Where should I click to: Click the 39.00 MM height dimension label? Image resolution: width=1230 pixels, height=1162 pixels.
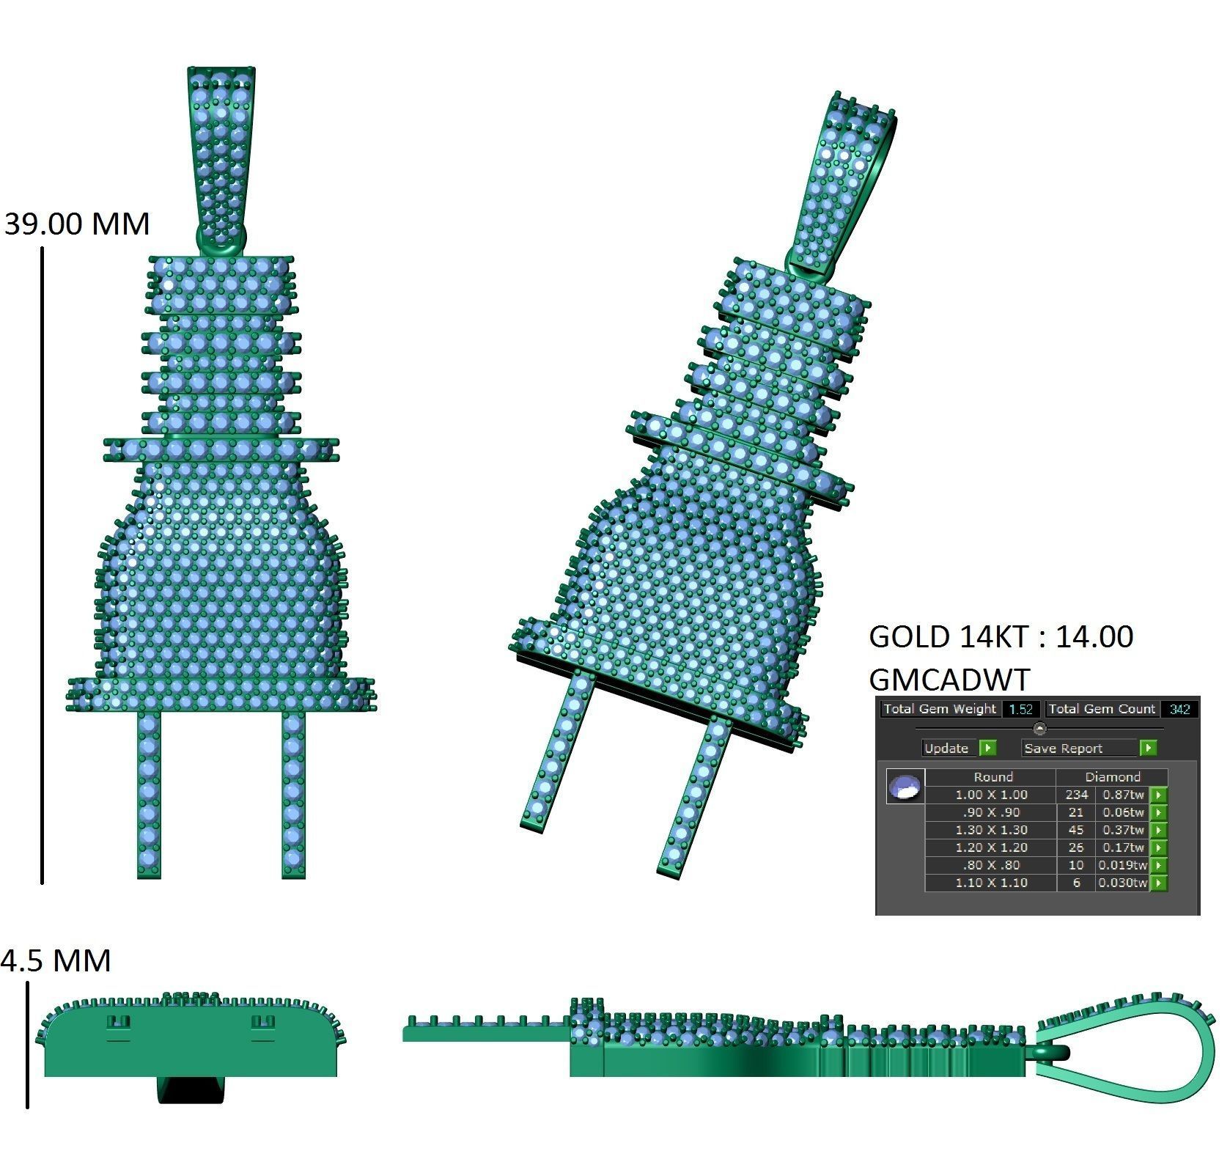pyautogui.click(x=77, y=224)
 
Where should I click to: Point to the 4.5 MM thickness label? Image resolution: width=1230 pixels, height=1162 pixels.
pyautogui.click(x=56, y=960)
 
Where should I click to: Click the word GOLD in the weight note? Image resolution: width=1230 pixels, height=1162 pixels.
pyautogui.click(x=909, y=637)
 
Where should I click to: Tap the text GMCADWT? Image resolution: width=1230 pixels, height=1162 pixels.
pyautogui.click(x=949, y=680)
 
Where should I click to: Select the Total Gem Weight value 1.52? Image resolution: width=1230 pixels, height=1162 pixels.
pyautogui.click(x=1020, y=709)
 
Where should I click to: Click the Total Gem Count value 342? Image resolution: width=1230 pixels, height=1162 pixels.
pyautogui.click(x=1179, y=709)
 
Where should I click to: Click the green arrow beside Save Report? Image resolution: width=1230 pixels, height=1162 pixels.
pyautogui.click(x=1148, y=748)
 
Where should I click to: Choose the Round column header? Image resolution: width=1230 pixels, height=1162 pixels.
pyautogui.click(x=993, y=777)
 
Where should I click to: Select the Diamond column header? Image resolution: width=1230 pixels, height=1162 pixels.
pyautogui.click(x=1112, y=777)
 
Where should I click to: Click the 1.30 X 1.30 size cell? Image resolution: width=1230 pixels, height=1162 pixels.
pyautogui.click(x=991, y=830)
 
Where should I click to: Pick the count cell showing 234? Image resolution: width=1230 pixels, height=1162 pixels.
pyautogui.click(x=1076, y=795)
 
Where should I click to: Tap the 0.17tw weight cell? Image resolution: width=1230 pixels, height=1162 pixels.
pyautogui.click(x=1123, y=847)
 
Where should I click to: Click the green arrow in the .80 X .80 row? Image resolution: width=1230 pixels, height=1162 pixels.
pyautogui.click(x=1158, y=865)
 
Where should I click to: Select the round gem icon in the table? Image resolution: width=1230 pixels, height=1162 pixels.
pyautogui.click(x=905, y=787)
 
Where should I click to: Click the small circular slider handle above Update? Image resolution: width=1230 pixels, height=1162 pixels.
pyautogui.click(x=1039, y=729)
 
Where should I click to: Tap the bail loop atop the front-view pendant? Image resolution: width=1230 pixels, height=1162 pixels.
pyautogui.click(x=222, y=154)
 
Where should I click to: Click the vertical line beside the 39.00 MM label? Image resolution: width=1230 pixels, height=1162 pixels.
pyautogui.click(x=43, y=565)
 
